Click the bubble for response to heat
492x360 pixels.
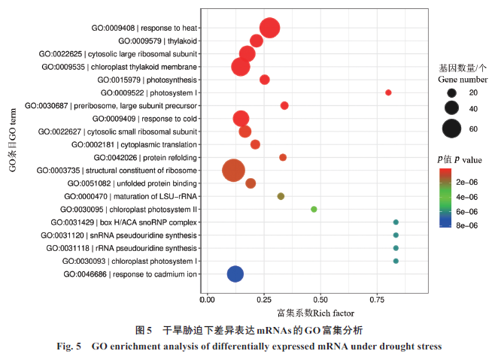click(x=270, y=29)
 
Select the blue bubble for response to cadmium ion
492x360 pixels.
click(x=235, y=274)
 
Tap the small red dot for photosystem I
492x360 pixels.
click(x=388, y=92)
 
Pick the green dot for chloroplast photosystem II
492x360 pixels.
click(x=314, y=209)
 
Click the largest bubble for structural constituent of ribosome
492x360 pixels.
click(x=234, y=170)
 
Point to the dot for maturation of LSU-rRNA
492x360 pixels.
click(x=281, y=196)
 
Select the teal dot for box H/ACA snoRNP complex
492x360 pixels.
click(x=396, y=222)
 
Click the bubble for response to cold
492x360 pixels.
click(x=241, y=118)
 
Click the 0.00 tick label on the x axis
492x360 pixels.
click(x=208, y=300)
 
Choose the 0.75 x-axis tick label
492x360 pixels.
click(x=375, y=300)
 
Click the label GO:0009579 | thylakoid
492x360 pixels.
click(x=158, y=41)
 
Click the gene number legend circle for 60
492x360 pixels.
click(x=451, y=129)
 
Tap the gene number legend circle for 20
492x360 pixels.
click(x=451, y=92)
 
